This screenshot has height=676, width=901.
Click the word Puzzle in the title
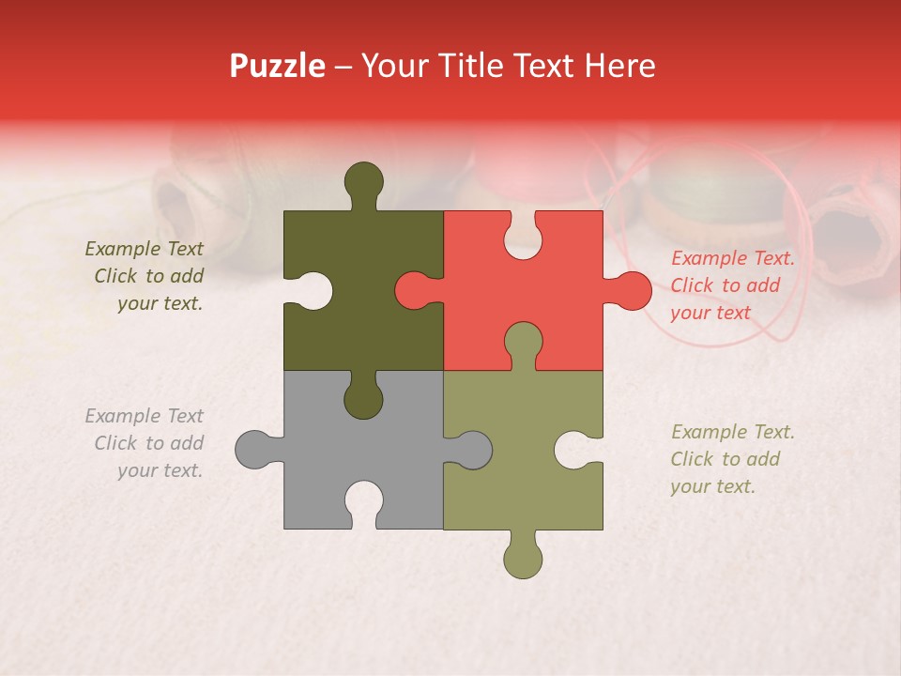pyautogui.click(x=278, y=66)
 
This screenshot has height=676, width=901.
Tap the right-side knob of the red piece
pyautogui.click(x=632, y=290)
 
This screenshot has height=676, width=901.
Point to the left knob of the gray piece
pyautogui.click(x=254, y=450)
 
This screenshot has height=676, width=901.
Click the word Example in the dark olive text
pyautogui.click(x=123, y=249)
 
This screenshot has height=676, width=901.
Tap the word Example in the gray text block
pyautogui.click(x=123, y=416)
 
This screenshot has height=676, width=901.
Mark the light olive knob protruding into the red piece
pyautogui.click(x=523, y=342)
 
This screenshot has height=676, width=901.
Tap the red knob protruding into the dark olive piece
pyautogui.click(x=415, y=290)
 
